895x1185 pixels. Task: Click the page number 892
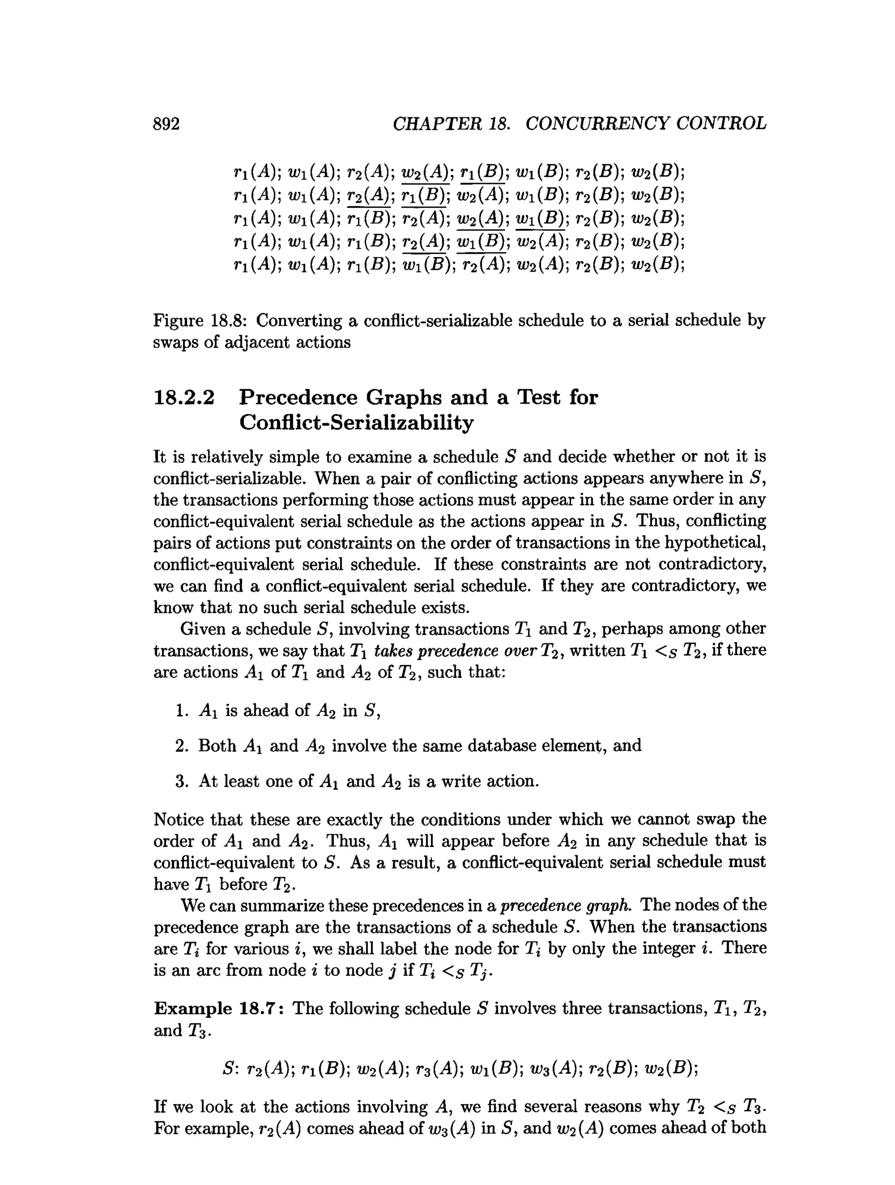point(166,124)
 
